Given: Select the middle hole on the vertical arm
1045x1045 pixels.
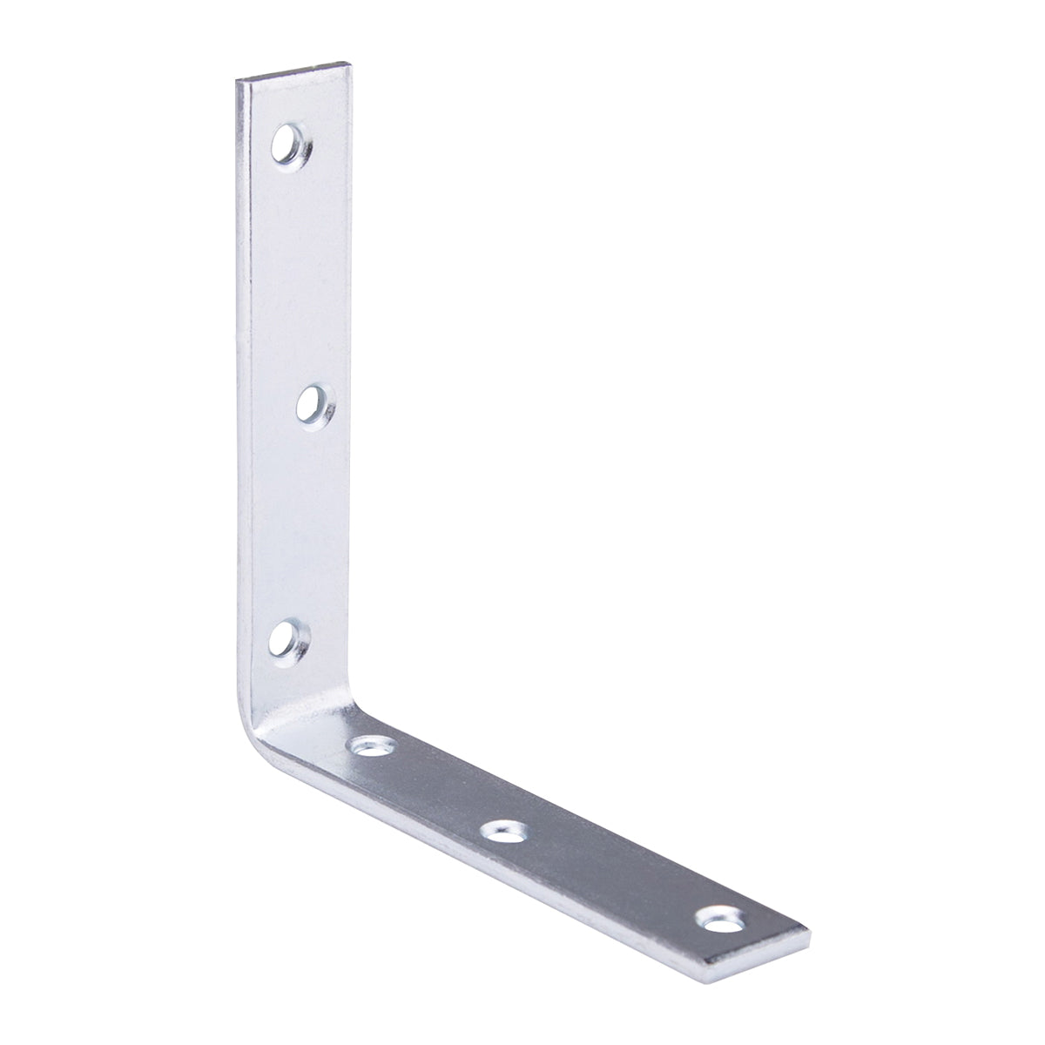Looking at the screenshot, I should [x=309, y=402].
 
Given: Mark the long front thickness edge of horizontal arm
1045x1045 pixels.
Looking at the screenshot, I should [x=488, y=871].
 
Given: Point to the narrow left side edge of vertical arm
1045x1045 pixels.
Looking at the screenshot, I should [x=242, y=392].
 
